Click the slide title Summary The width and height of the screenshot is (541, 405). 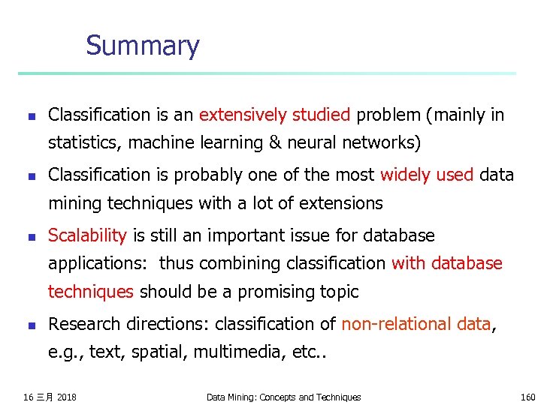pos(143,46)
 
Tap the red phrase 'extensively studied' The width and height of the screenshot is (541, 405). pos(274,115)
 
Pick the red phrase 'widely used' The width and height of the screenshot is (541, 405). pos(427,175)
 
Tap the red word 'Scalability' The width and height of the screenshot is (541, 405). pos(87,235)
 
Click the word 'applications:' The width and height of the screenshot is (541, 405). pos(100,263)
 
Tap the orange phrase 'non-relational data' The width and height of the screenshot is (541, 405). pos(416,324)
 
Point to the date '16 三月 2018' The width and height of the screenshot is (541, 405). pos(50,396)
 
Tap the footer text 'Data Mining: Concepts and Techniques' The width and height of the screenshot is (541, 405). pos(283,397)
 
